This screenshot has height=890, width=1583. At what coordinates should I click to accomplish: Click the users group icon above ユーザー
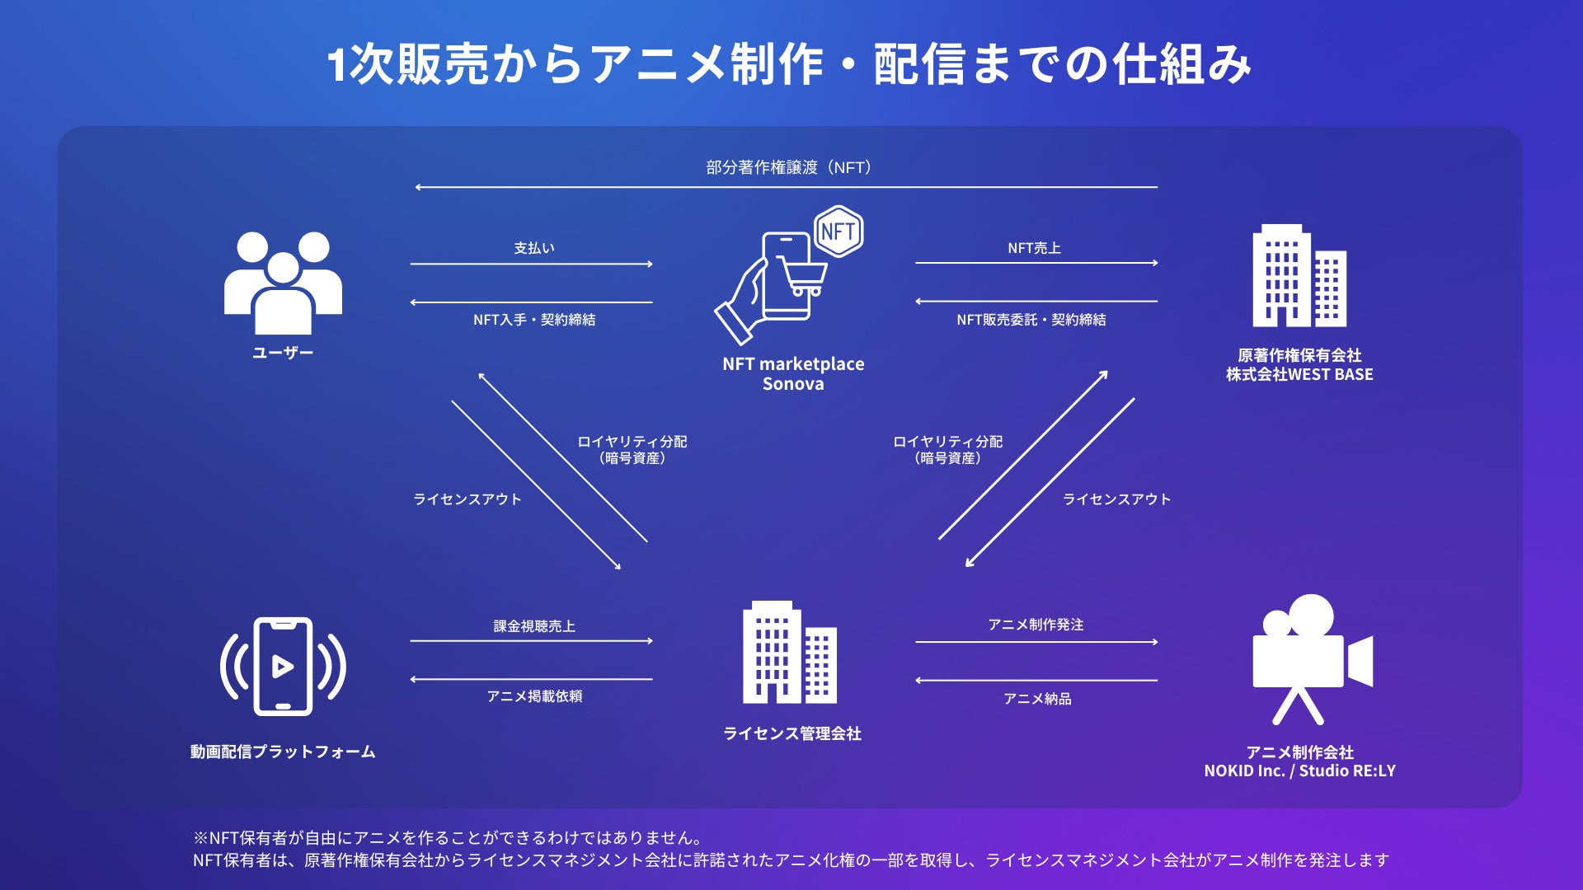click(283, 283)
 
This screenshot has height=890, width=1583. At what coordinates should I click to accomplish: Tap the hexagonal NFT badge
click(838, 232)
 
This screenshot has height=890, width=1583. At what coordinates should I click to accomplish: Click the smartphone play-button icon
click(283, 666)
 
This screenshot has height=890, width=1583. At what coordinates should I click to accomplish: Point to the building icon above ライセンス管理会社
click(789, 653)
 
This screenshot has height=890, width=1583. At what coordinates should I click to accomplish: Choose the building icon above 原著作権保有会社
click(1299, 276)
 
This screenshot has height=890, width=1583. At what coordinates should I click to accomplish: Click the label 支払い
click(534, 248)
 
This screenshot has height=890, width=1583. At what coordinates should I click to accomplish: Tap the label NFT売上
click(1034, 248)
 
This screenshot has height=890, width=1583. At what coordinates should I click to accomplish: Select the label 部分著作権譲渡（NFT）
click(789, 168)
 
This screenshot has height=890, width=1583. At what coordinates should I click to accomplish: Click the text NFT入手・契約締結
click(534, 320)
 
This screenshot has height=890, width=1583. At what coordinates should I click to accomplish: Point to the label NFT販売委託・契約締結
click(1031, 320)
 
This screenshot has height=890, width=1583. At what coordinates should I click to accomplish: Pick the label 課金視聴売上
click(534, 626)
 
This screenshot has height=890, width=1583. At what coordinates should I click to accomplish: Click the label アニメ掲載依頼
click(534, 696)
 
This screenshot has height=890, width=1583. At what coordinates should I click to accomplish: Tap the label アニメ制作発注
click(1036, 625)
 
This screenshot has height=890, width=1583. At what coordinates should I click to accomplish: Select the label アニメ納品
click(1037, 699)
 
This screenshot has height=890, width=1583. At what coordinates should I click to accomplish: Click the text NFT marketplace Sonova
click(793, 374)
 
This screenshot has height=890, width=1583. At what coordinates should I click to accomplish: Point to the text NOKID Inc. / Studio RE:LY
click(1299, 771)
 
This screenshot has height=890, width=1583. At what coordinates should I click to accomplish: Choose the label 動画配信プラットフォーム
click(283, 752)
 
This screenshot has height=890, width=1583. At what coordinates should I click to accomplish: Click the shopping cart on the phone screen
click(802, 275)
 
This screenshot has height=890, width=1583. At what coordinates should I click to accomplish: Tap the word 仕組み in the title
click(1181, 64)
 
